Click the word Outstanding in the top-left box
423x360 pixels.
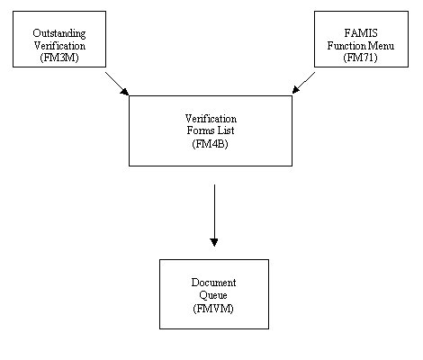pos(59,33)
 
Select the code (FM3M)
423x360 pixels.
pos(59,58)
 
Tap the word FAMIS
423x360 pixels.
pos(361,32)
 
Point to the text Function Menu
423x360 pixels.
pos(361,46)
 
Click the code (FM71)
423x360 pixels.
pos(360,58)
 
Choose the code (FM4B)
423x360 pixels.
pos(210,144)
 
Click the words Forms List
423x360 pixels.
pos(211,130)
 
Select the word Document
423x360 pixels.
pos(213,283)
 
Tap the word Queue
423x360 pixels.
pos(213,295)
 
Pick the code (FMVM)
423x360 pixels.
pos(213,309)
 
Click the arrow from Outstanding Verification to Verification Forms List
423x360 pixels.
pos(117,84)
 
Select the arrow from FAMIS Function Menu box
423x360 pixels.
pos(303,83)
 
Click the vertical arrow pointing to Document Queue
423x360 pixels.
pos(214,215)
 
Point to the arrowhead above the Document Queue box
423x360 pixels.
pos(214,242)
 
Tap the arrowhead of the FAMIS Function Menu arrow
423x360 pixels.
pos(295,90)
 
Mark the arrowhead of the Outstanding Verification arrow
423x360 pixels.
pos(125,92)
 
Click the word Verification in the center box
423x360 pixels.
pos(211,119)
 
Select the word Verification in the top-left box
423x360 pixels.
pos(59,46)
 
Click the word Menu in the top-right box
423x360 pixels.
pos(381,46)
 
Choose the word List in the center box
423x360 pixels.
pos(226,130)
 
